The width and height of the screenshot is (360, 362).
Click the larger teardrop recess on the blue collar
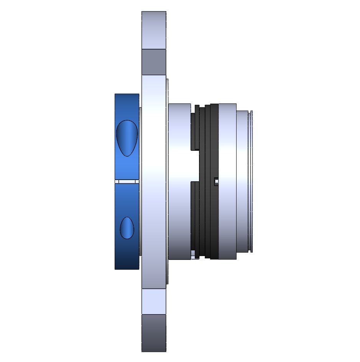tap(127, 138)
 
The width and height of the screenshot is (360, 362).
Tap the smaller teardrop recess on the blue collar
tap(127, 228)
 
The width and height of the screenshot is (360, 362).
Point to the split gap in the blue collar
tap(127, 181)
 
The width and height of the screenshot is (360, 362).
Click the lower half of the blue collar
tap(127, 253)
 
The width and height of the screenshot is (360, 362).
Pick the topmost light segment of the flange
tap(154, 30)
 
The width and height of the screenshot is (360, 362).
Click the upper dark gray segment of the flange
tap(154, 62)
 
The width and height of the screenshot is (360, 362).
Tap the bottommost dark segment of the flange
tap(154, 333)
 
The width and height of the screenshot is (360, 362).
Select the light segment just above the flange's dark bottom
tap(154, 301)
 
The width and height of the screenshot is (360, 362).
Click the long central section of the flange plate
tap(154, 180)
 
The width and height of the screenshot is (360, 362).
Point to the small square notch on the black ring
tap(216, 181)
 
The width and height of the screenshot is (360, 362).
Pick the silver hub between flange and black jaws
tap(179, 180)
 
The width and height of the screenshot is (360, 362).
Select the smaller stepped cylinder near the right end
tap(242, 180)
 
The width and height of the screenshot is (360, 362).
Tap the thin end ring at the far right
tap(251, 180)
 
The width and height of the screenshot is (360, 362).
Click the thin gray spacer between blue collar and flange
tap(140, 180)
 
